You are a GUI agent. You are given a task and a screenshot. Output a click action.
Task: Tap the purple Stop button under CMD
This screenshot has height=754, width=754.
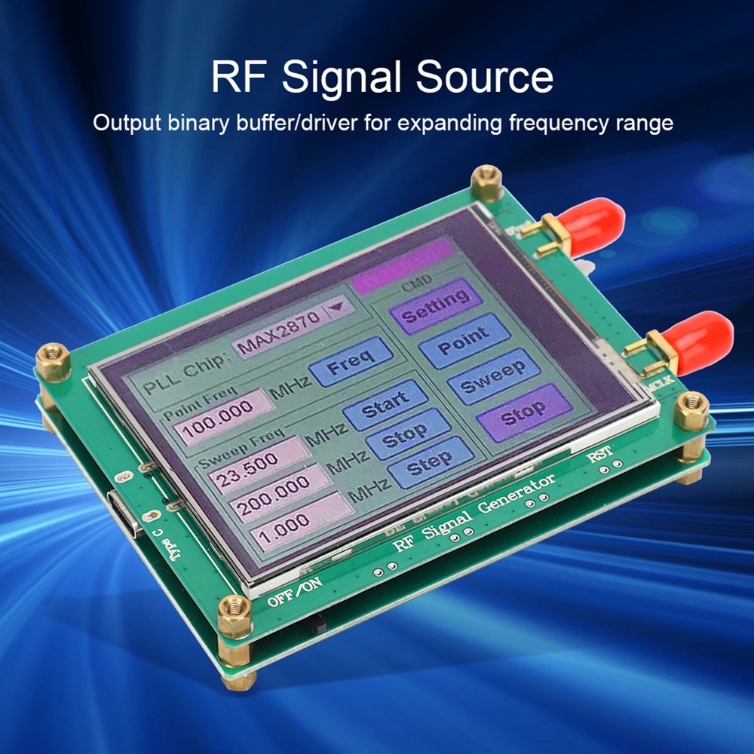(x=524, y=412)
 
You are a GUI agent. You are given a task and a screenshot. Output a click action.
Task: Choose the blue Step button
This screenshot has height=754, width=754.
(x=431, y=462)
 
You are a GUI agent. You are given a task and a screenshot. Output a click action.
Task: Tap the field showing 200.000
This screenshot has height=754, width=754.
(x=282, y=492)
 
